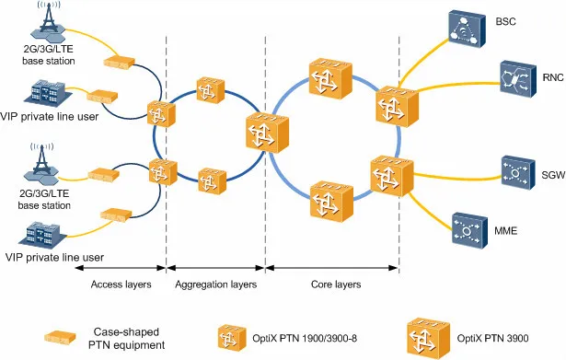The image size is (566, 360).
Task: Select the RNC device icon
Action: [514, 75]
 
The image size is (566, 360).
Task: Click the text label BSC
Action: [506, 20]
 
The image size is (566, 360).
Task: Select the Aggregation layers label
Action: [215, 284]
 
